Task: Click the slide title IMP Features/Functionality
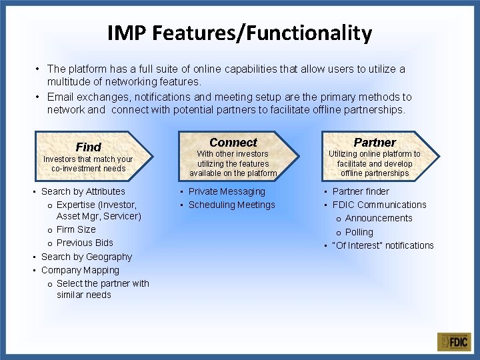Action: point(239,33)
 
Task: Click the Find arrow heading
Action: point(89,147)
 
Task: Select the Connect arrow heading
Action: point(233,142)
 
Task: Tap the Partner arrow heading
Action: point(374,142)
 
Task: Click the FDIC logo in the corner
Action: point(454,342)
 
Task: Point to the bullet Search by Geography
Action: point(87,257)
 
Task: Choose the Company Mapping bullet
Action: point(80,270)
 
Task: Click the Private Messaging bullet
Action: point(227,191)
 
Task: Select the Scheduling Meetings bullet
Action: point(231,205)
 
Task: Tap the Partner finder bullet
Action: point(361,191)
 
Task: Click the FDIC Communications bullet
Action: point(379,205)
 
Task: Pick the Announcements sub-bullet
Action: point(379,218)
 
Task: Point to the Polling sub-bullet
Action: point(359,232)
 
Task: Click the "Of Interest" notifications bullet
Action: point(383,245)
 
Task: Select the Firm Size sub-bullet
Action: point(76,229)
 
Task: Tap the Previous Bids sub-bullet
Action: point(85,243)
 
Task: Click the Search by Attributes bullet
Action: point(83,191)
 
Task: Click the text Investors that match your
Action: point(88,159)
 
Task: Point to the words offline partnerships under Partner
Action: point(374,173)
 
